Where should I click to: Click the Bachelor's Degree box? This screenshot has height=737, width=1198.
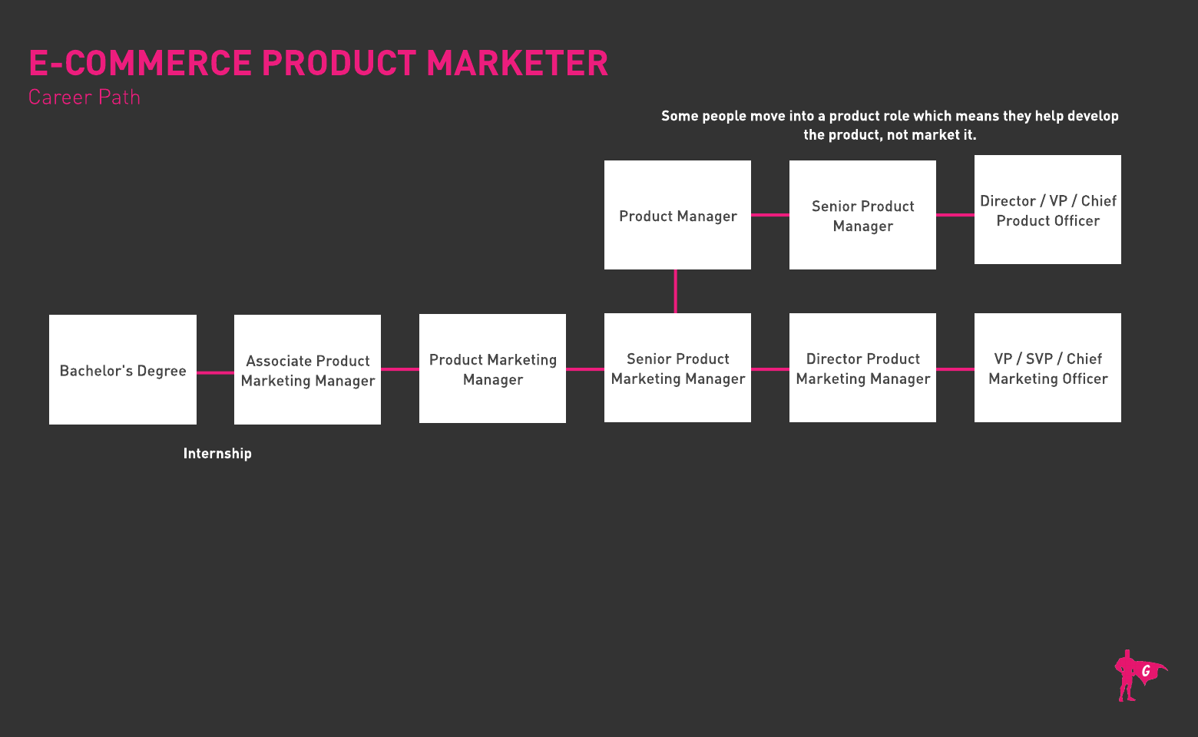[x=122, y=369]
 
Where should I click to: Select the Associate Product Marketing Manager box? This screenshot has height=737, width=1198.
[x=307, y=369]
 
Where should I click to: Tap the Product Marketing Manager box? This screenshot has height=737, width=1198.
[x=492, y=368]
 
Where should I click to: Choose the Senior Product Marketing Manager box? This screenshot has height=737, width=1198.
[x=677, y=368]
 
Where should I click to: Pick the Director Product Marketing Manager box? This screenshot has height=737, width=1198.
[x=862, y=368]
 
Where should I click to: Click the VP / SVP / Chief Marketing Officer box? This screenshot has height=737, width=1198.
[x=1047, y=368]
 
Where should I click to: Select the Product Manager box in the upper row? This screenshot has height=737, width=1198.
[x=677, y=215]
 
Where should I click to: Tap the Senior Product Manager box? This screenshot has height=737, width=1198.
[x=862, y=215]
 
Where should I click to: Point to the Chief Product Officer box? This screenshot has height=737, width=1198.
[x=1047, y=210]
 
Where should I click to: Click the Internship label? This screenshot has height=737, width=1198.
[x=217, y=454]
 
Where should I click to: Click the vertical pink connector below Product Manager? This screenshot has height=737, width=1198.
[x=676, y=292]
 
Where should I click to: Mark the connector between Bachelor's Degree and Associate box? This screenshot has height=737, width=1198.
[x=215, y=373]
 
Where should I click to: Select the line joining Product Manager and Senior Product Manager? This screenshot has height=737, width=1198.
[x=770, y=215]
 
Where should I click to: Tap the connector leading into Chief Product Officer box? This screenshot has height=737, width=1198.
[x=955, y=215]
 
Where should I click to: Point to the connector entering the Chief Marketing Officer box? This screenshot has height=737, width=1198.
[x=955, y=369]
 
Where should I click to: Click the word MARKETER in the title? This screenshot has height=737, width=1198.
[x=517, y=63]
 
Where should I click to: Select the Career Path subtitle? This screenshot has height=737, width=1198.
[x=84, y=97]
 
